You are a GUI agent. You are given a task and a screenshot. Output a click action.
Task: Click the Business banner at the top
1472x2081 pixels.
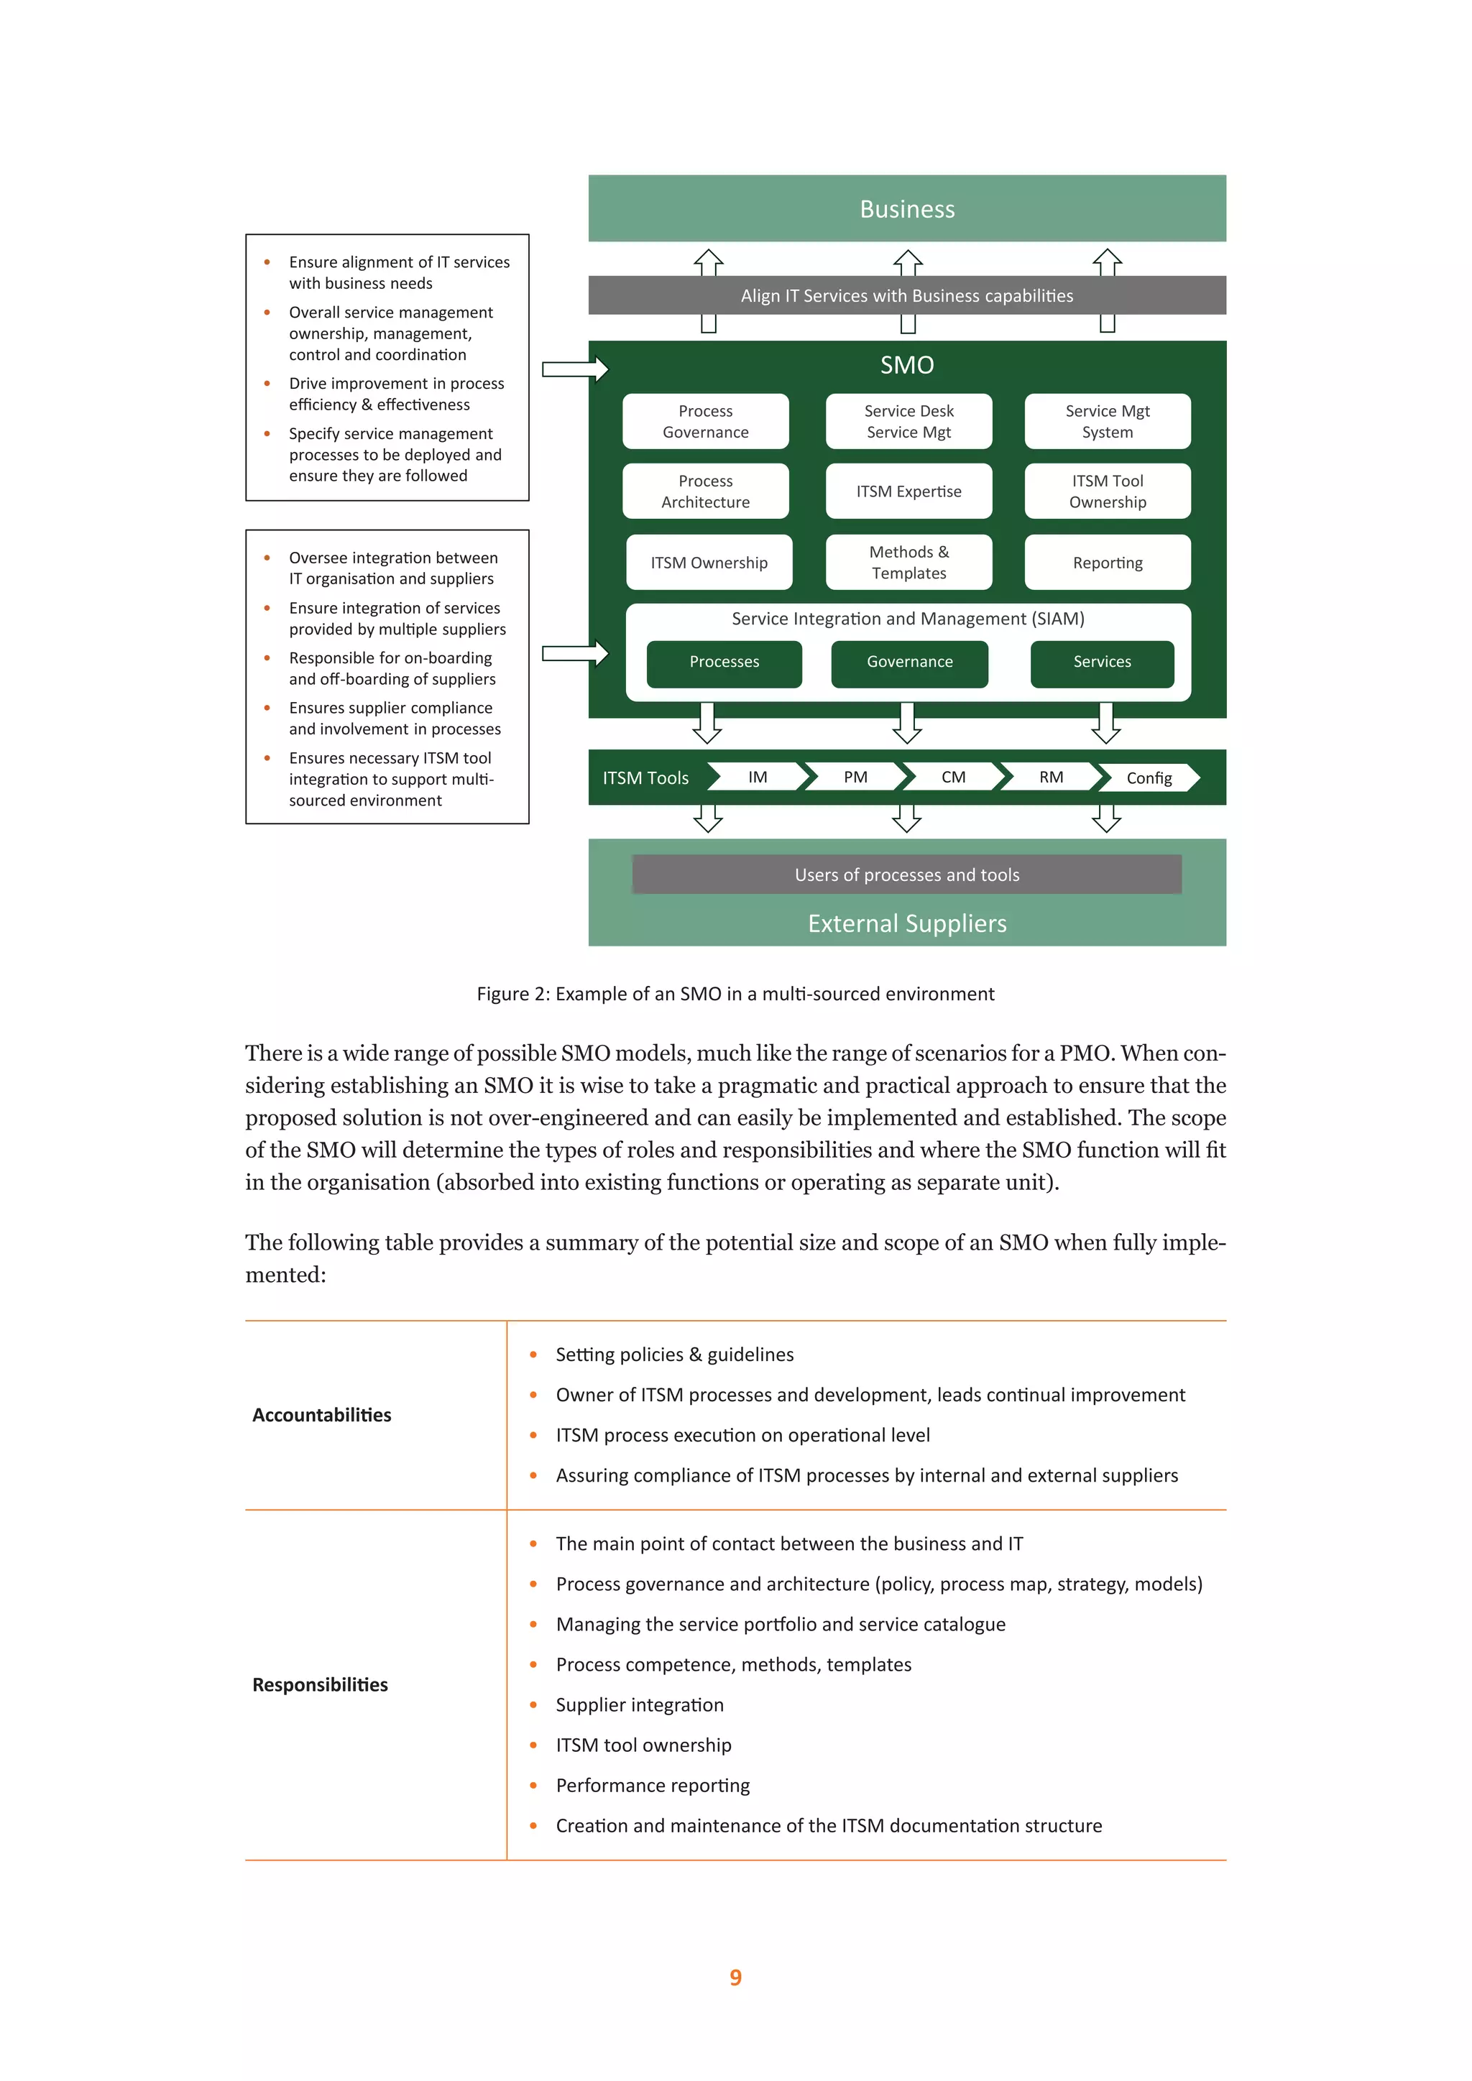click(906, 209)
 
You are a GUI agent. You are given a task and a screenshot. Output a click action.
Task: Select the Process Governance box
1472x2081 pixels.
click(705, 422)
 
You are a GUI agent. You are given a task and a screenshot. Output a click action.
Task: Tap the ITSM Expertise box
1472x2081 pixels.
click(908, 492)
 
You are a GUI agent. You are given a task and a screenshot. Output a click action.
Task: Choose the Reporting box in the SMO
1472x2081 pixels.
click(1107, 563)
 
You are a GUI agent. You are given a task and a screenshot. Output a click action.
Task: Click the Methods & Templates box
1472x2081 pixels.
click(908, 563)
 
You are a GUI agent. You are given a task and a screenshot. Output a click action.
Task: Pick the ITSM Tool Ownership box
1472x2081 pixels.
click(1107, 492)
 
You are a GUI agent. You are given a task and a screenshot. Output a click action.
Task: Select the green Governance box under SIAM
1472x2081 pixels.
click(909, 663)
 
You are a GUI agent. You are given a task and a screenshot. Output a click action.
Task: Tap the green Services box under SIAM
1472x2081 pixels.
click(1101, 663)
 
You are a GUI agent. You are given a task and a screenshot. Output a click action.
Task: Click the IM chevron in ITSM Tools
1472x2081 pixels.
click(758, 778)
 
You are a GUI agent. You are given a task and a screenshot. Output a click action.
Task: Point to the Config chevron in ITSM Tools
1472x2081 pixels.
click(1149, 778)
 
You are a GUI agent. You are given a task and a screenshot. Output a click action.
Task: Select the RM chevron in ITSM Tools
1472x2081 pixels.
click(1051, 778)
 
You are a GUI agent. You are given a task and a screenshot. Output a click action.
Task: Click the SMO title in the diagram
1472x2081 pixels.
click(906, 365)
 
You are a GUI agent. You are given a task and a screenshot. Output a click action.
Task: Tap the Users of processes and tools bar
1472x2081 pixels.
click(906, 875)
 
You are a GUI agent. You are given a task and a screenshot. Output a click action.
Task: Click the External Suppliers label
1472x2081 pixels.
click(906, 923)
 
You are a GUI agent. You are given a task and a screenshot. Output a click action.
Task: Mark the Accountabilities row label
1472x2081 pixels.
click(322, 1416)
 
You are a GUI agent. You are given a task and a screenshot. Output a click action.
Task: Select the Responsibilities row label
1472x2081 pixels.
click(320, 1685)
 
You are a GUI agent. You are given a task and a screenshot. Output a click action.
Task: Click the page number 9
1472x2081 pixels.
click(735, 1977)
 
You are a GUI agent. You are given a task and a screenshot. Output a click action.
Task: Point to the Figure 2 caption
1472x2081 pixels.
click(735, 995)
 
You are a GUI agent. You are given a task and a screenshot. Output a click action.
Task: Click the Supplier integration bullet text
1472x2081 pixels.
click(639, 1705)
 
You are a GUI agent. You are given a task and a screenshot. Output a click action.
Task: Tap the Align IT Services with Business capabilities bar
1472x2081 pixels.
click(906, 296)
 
